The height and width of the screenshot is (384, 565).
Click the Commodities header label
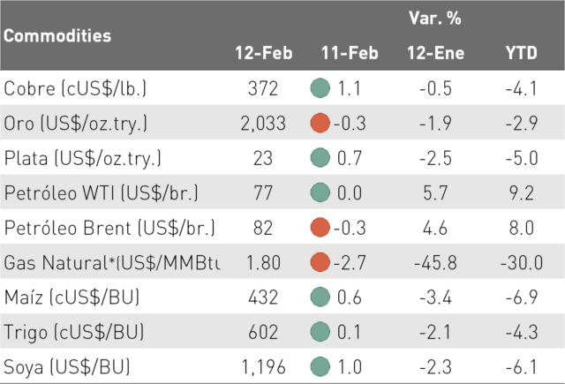(57, 35)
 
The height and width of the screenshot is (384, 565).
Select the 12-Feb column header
(264, 53)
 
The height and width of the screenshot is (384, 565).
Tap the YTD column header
(522, 53)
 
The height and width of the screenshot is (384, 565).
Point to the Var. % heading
(435, 18)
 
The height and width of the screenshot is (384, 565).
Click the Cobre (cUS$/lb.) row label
(75, 88)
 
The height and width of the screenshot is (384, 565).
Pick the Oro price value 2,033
(263, 124)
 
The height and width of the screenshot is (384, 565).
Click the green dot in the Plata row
(320, 158)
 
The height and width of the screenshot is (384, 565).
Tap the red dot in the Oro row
(320, 123)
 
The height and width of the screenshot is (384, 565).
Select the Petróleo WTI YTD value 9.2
(522, 193)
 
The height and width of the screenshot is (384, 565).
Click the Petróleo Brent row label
(109, 228)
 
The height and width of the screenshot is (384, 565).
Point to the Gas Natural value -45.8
(435, 262)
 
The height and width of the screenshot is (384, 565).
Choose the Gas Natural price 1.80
(263, 262)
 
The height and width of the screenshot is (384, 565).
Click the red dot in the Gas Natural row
(320, 262)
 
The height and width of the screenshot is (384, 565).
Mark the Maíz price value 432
(263, 297)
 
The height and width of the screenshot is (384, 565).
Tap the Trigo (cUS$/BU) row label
(74, 332)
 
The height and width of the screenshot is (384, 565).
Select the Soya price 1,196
(263, 367)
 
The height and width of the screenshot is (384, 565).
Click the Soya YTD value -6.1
(522, 367)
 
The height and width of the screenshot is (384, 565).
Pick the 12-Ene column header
(435, 53)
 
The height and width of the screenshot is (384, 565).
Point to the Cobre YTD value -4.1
(522, 88)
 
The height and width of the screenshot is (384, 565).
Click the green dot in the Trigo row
(320, 331)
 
